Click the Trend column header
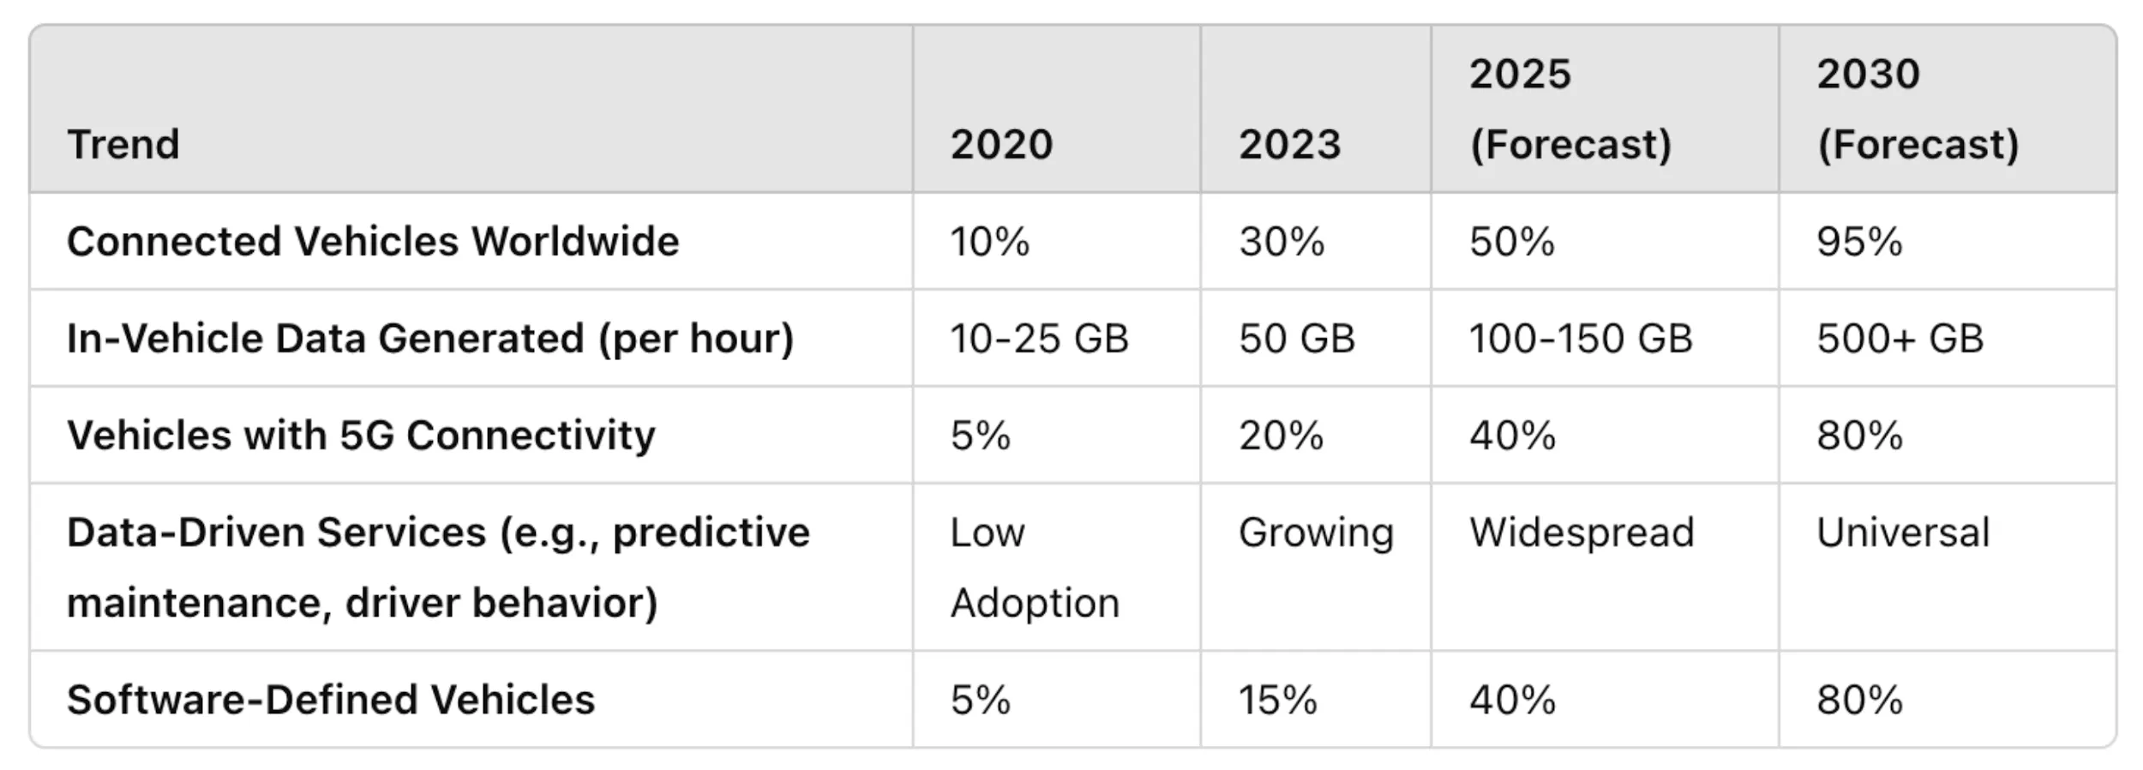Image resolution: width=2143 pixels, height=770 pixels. coord(123,144)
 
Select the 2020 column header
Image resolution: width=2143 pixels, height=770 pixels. coord(1001,144)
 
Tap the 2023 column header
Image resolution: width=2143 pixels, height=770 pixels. coord(1289,144)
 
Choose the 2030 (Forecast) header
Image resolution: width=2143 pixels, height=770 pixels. coord(1917,109)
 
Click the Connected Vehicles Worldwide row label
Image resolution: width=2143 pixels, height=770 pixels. coord(373,242)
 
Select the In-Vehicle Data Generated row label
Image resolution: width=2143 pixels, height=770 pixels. coord(430,339)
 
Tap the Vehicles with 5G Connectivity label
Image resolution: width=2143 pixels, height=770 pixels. coord(361,436)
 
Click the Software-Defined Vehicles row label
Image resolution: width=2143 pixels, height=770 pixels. coord(331,700)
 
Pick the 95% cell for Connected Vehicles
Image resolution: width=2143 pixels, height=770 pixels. coord(1858,242)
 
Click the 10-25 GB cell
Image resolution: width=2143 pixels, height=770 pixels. coord(1039,339)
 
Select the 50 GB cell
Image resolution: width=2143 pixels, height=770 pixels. coord(1296,339)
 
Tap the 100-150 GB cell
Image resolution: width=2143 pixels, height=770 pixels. coord(1581,339)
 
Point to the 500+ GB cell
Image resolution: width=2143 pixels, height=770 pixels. coord(1900,339)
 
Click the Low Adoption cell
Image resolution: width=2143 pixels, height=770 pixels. coord(1034,568)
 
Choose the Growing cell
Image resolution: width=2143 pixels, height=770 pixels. coord(1316,532)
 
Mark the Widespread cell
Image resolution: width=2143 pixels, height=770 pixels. coord(1582,532)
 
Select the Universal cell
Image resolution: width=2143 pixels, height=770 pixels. coord(1903,532)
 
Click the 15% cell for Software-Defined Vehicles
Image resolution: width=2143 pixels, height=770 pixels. coord(1277,700)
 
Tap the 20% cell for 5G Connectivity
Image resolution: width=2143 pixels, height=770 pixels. coord(1281,436)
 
